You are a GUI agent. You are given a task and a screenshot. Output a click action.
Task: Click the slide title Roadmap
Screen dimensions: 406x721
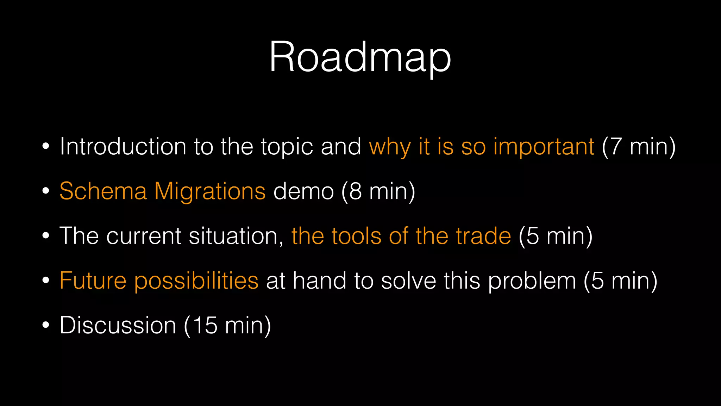(360, 57)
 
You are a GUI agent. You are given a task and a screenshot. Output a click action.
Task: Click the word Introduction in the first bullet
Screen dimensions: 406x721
(123, 146)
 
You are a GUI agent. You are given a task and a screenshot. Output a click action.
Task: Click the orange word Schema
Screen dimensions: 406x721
(103, 191)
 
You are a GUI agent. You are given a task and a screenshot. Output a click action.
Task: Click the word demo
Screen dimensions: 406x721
(303, 191)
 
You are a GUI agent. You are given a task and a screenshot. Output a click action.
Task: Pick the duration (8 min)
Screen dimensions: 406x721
(378, 191)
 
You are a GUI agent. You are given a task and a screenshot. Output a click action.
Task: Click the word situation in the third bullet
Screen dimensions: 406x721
(236, 236)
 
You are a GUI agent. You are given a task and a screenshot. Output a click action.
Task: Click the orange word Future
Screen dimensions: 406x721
(93, 281)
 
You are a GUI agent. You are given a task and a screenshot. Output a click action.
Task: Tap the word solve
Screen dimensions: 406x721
(408, 281)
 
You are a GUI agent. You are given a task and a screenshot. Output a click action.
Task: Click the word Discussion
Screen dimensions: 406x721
(118, 325)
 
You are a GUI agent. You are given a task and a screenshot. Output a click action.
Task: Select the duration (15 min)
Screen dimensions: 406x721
(227, 325)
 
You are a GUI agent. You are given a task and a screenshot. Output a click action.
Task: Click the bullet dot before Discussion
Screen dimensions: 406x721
(45, 325)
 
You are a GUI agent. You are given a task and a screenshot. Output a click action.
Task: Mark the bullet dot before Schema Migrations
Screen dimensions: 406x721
(45, 191)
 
